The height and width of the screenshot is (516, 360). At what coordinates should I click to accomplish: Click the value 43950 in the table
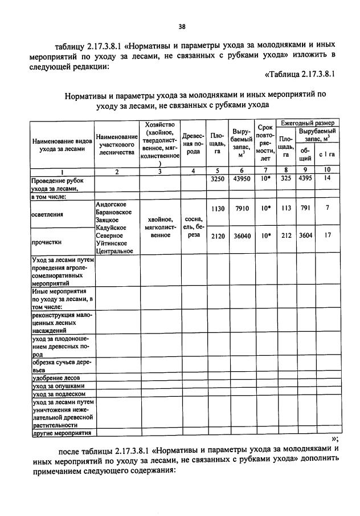(x=238, y=178)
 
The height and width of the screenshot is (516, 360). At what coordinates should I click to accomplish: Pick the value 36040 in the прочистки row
(x=238, y=235)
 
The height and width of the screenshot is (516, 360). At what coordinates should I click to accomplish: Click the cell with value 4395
(x=306, y=178)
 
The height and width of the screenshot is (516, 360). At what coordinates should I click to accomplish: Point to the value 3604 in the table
(x=306, y=235)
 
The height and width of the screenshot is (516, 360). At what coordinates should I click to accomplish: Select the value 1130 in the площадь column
(x=216, y=209)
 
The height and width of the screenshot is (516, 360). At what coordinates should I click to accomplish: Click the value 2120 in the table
(x=216, y=235)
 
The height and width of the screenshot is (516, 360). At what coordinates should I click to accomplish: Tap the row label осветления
(x=47, y=214)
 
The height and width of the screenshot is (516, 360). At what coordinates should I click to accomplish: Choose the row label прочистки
(x=46, y=241)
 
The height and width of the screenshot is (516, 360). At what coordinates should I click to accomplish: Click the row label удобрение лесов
(x=56, y=377)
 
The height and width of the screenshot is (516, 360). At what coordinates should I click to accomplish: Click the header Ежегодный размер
(x=308, y=123)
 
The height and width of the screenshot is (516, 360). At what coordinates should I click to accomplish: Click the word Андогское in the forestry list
(x=111, y=204)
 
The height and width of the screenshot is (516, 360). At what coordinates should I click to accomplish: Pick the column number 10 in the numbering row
(x=327, y=170)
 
